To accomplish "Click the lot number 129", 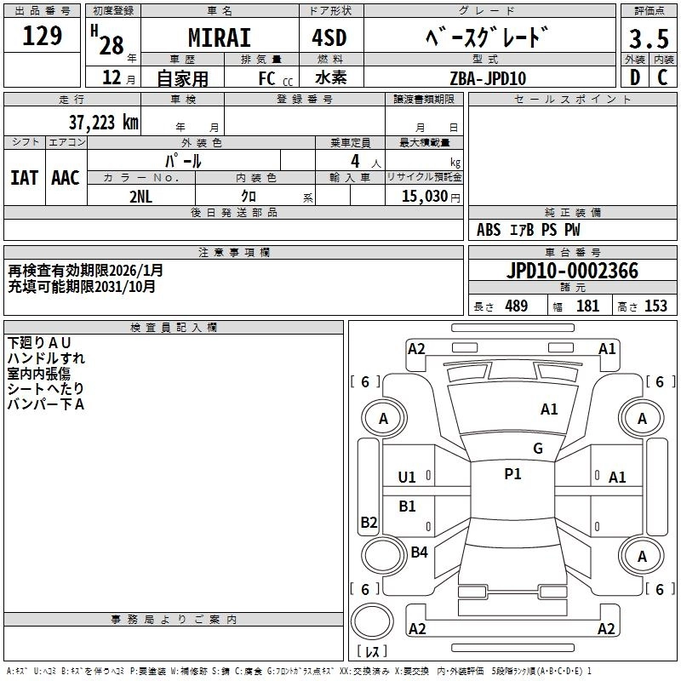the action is [43, 36].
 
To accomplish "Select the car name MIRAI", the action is [219, 37].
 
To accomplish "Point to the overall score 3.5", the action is [648, 39].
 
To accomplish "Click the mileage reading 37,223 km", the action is [103, 123].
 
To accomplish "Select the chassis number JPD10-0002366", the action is [572, 271].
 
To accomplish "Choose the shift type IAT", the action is [24, 178].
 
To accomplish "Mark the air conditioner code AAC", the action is [66, 178].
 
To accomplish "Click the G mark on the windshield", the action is [537, 449].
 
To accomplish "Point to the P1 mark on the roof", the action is [512, 474].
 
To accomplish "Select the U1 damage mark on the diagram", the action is [407, 478].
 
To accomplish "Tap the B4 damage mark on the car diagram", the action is [419, 552].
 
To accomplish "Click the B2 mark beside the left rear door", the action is [369, 522].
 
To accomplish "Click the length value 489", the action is [516, 306].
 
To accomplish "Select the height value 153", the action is [655, 306].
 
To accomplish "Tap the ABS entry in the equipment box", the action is [489, 230].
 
